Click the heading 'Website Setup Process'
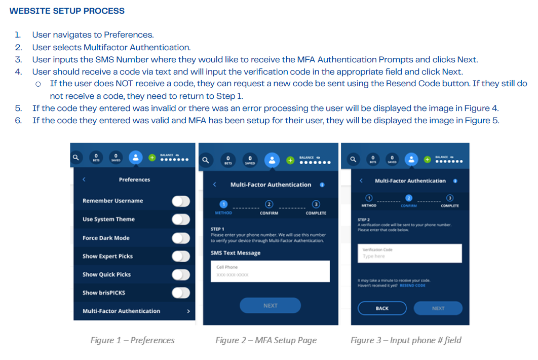67,11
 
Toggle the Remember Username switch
180,201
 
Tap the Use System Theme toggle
180,220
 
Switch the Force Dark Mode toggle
180,238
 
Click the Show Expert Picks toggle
180,256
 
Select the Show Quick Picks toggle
180,274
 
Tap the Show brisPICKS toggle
180,293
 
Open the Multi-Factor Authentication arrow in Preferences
188,311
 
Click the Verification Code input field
409,253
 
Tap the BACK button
382,308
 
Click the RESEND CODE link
412,285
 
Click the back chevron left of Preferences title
84,179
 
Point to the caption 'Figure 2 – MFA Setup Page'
266,340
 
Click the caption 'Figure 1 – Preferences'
132,340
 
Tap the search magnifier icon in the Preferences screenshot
76,158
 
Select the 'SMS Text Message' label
236,253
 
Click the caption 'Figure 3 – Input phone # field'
406,340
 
